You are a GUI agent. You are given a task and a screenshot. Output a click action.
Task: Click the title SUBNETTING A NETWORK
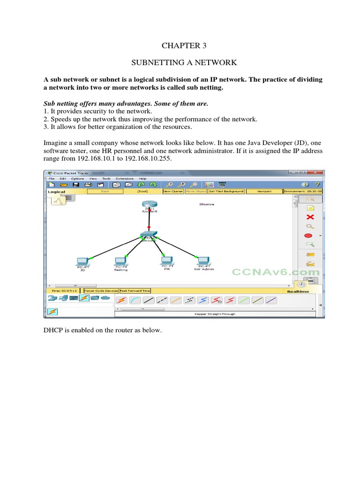pos(184,62)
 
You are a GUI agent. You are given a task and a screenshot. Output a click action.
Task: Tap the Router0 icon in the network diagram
pos(149,205)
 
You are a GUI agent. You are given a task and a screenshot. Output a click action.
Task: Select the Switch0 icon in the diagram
pos(149,234)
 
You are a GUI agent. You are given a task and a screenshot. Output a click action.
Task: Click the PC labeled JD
pos(82,261)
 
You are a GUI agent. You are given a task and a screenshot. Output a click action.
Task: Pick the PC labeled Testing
pos(120,261)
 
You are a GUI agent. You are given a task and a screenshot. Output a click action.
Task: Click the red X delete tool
pos(310,217)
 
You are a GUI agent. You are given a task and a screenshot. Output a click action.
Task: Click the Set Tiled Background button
pos(226,191)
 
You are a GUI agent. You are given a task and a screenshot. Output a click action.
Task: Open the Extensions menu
pos(125,179)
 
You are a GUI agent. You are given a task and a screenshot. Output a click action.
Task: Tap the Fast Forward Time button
pos(135,291)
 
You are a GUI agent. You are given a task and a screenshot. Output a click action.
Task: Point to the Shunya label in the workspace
pos(207,204)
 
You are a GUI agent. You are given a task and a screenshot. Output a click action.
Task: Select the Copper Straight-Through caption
pos(215,315)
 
